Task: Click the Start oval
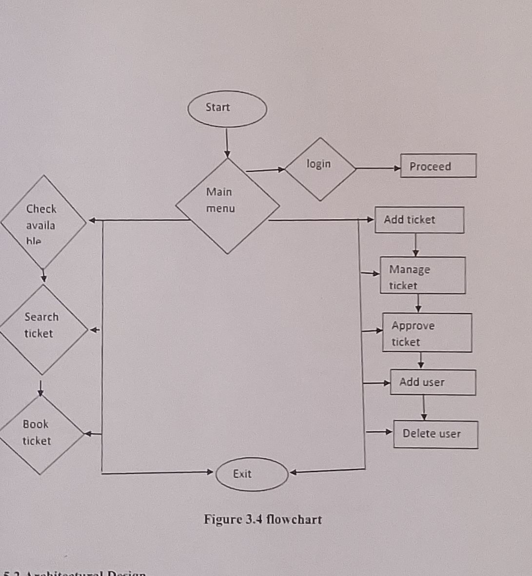pos(227,109)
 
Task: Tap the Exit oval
pos(252,474)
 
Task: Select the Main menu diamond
pos(227,206)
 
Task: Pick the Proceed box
pos(438,166)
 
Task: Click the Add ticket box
pos(419,220)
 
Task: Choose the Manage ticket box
pos(422,275)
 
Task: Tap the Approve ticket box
pos(427,332)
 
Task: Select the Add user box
pos(433,382)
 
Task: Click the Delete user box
pos(435,434)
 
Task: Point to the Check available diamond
pos(43,222)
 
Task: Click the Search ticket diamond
pos(43,329)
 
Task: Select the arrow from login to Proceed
pos(378,168)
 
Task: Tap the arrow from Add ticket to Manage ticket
pos(415,245)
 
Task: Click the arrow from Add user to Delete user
pos(424,407)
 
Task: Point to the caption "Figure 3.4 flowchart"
pos(263,519)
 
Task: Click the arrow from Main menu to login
pos(266,170)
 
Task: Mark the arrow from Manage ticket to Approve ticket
pos(418,303)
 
